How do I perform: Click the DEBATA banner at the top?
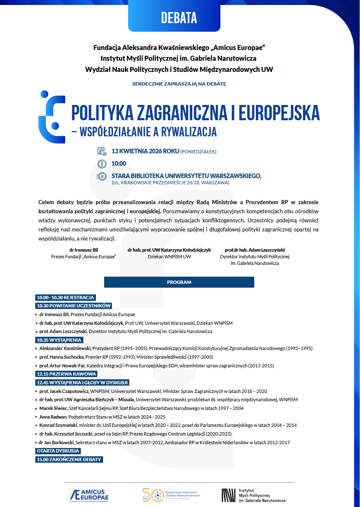179,17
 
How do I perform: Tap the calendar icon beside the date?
102,151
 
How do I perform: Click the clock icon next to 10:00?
102,164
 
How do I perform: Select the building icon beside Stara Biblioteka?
102,176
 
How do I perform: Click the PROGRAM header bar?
179,282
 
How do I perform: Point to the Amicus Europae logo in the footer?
89,495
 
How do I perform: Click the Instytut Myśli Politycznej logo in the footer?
253,495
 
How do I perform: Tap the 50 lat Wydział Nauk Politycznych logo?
171,495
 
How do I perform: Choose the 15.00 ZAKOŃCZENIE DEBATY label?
69,459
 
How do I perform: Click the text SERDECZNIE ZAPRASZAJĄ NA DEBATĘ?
179,84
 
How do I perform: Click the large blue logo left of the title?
52,117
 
